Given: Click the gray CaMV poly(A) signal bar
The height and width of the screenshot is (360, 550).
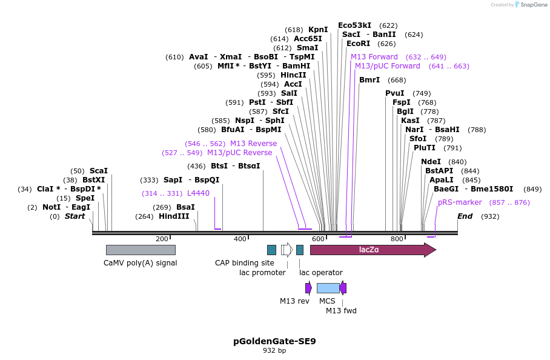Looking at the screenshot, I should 141,250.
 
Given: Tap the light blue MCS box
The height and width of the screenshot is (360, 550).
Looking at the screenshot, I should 328,288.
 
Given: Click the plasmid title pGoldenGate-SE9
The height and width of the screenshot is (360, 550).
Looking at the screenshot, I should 274,341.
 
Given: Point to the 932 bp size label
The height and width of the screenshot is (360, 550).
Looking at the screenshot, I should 274,351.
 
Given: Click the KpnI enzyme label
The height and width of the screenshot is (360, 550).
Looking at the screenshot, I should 318,30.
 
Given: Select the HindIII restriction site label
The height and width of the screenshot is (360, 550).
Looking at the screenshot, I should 174,216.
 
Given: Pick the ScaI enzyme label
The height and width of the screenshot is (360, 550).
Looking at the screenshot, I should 99,171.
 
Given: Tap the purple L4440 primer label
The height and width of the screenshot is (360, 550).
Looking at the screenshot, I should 198,193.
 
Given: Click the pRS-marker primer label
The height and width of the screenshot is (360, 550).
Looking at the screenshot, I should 460,202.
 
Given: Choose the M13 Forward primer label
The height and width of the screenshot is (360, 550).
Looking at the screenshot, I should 374,57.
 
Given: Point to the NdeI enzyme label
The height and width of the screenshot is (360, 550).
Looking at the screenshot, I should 431,162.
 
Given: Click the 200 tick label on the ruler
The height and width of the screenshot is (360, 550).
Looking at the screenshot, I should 162,239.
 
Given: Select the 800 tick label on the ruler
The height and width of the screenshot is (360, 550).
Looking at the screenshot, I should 397,239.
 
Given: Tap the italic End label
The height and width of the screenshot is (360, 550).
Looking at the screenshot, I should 465,216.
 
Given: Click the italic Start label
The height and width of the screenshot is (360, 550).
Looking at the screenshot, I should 75,216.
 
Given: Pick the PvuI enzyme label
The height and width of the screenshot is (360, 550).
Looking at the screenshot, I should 395,93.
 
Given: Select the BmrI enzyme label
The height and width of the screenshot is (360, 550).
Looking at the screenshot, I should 369,80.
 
